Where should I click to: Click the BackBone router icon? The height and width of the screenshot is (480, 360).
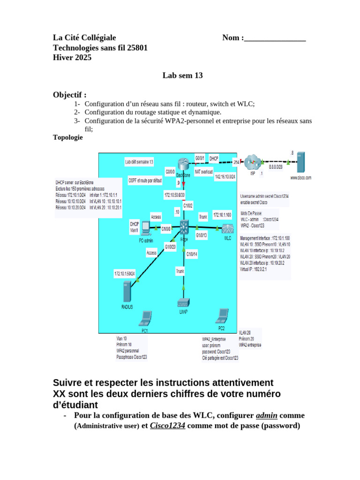tap(183, 164)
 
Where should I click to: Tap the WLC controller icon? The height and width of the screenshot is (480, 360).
tap(228, 229)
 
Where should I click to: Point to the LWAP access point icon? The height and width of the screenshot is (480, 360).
tap(183, 303)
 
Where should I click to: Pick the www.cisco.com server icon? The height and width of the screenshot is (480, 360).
tap(300, 162)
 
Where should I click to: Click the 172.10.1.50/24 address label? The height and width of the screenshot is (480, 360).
tap(124, 273)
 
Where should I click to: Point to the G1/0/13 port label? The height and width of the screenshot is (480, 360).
tap(201, 235)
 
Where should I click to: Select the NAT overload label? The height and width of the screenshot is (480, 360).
tap(204, 172)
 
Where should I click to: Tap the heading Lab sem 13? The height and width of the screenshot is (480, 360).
tap(182, 75)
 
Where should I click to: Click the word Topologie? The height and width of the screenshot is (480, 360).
tap(68, 138)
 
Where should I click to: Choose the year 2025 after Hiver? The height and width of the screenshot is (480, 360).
tap(82, 58)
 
